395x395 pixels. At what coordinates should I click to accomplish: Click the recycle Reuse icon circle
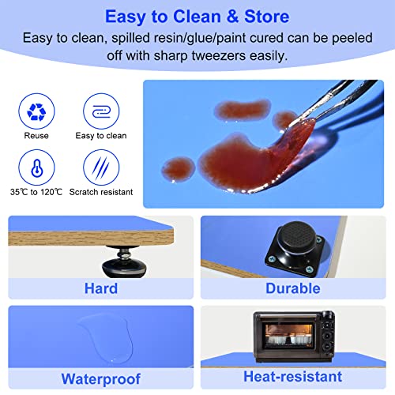coord(36,111)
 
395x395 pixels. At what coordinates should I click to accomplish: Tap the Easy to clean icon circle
coord(100,111)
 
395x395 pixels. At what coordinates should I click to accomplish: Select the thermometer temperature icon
coord(36,167)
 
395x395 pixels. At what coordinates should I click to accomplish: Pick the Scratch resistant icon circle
coord(100,167)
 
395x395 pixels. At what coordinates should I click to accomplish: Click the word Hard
coord(100,288)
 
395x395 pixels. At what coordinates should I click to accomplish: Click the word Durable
coord(293,288)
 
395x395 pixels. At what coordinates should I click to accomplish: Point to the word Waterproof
coord(100,377)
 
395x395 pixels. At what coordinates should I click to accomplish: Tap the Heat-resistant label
coord(293,377)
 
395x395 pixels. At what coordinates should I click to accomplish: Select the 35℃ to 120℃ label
coord(36,192)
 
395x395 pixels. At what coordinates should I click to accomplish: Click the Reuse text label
coord(36,135)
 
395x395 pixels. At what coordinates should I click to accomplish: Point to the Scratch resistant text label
coord(100,192)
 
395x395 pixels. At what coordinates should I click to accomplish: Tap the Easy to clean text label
coord(100,135)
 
